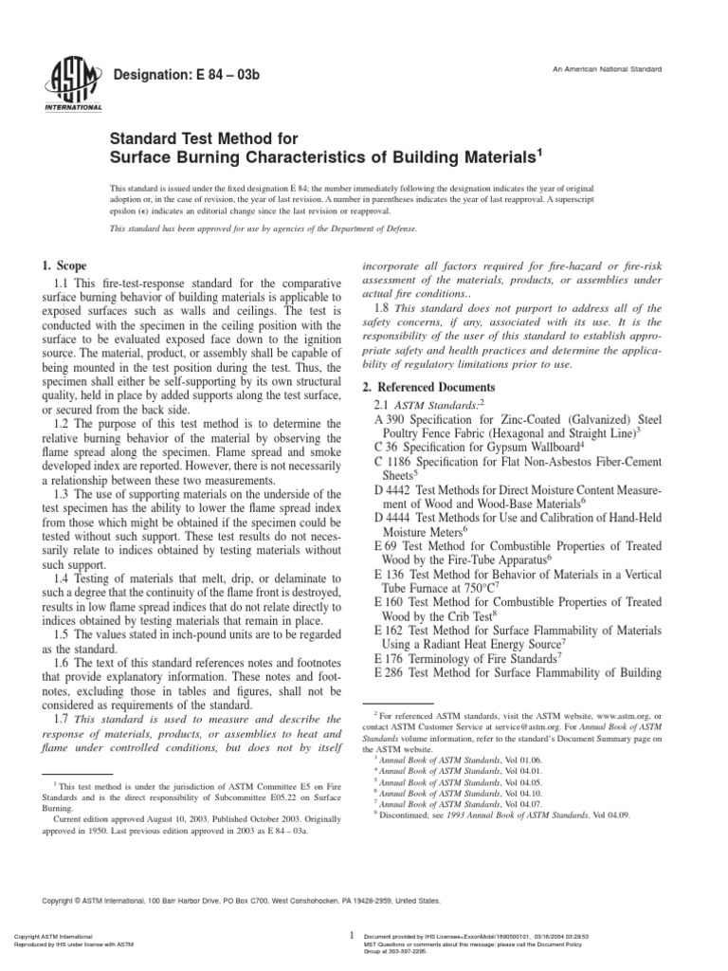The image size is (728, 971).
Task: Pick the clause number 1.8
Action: click(x=384, y=308)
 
